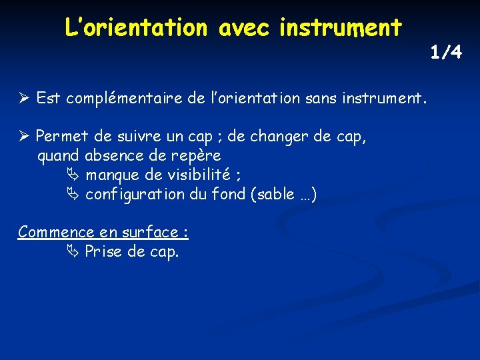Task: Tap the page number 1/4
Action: (x=445, y=52)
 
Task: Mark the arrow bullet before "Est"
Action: (x=24, y=99)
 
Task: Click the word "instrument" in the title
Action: (x=341, y=27)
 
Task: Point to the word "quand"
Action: (x=58, y=157)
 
